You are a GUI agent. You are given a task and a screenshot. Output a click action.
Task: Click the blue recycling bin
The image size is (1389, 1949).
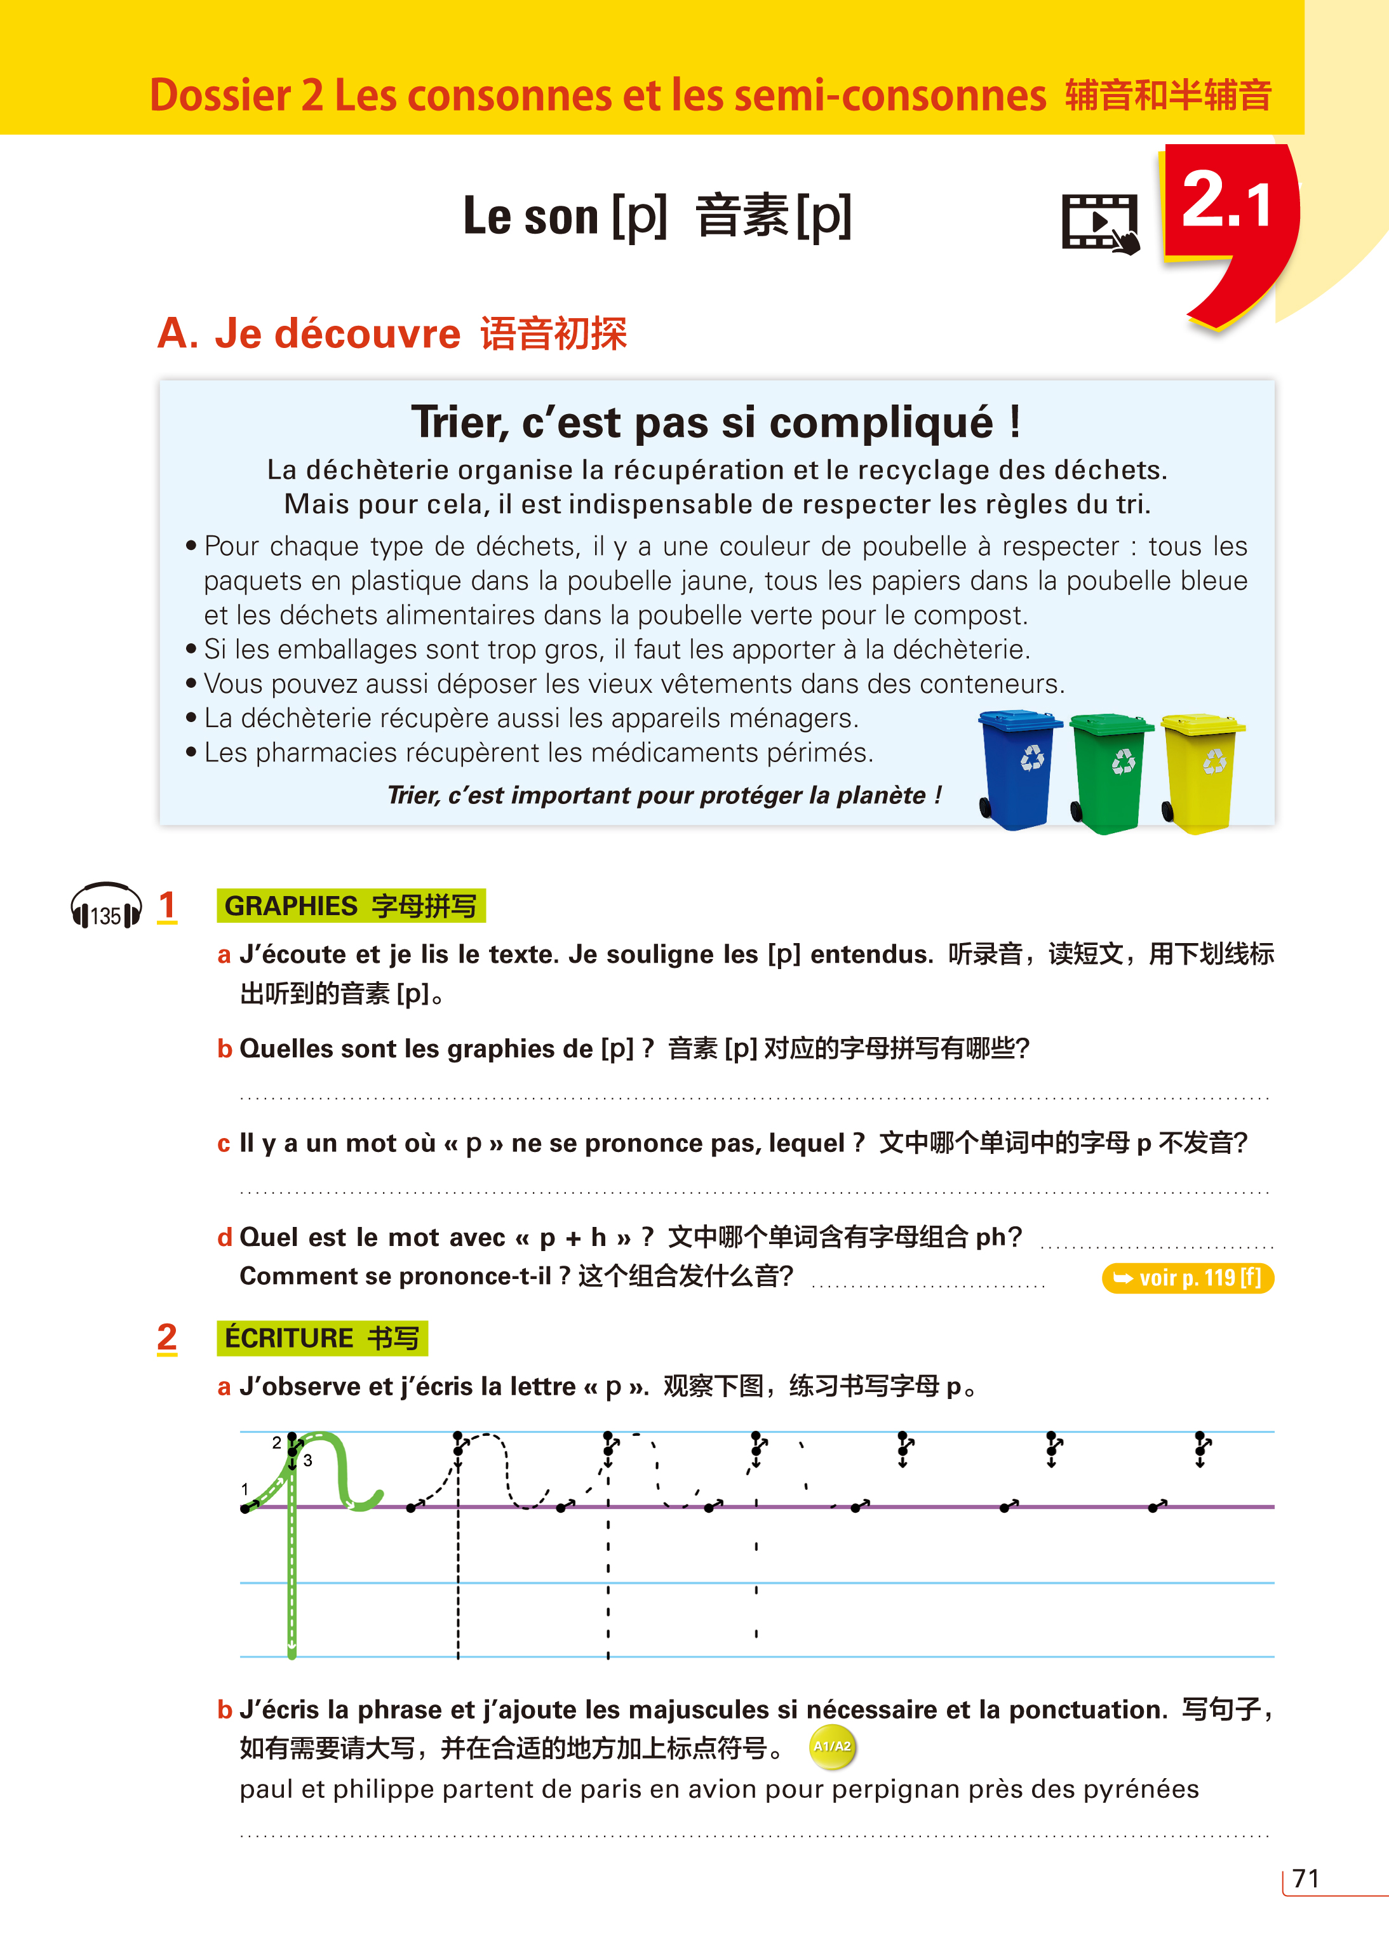point(1018,769)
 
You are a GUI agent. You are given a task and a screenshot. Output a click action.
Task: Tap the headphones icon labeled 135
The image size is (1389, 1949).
point(105,908)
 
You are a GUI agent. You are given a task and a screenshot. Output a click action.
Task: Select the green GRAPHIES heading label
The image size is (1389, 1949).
point(351,906)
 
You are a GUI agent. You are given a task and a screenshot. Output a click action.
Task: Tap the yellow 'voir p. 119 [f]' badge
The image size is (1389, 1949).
point(1187,1278)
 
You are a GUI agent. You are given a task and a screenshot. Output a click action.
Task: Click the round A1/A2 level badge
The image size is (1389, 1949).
point(831,1746)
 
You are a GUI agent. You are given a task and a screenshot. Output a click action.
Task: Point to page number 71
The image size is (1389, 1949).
point(1305,1878)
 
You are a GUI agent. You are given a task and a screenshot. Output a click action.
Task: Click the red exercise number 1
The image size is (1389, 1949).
point(167,906)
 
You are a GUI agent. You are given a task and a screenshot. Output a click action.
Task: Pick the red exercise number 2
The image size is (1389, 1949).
point(167,1337)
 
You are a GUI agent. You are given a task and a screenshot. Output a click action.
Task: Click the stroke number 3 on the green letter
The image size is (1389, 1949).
point(308,1461)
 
